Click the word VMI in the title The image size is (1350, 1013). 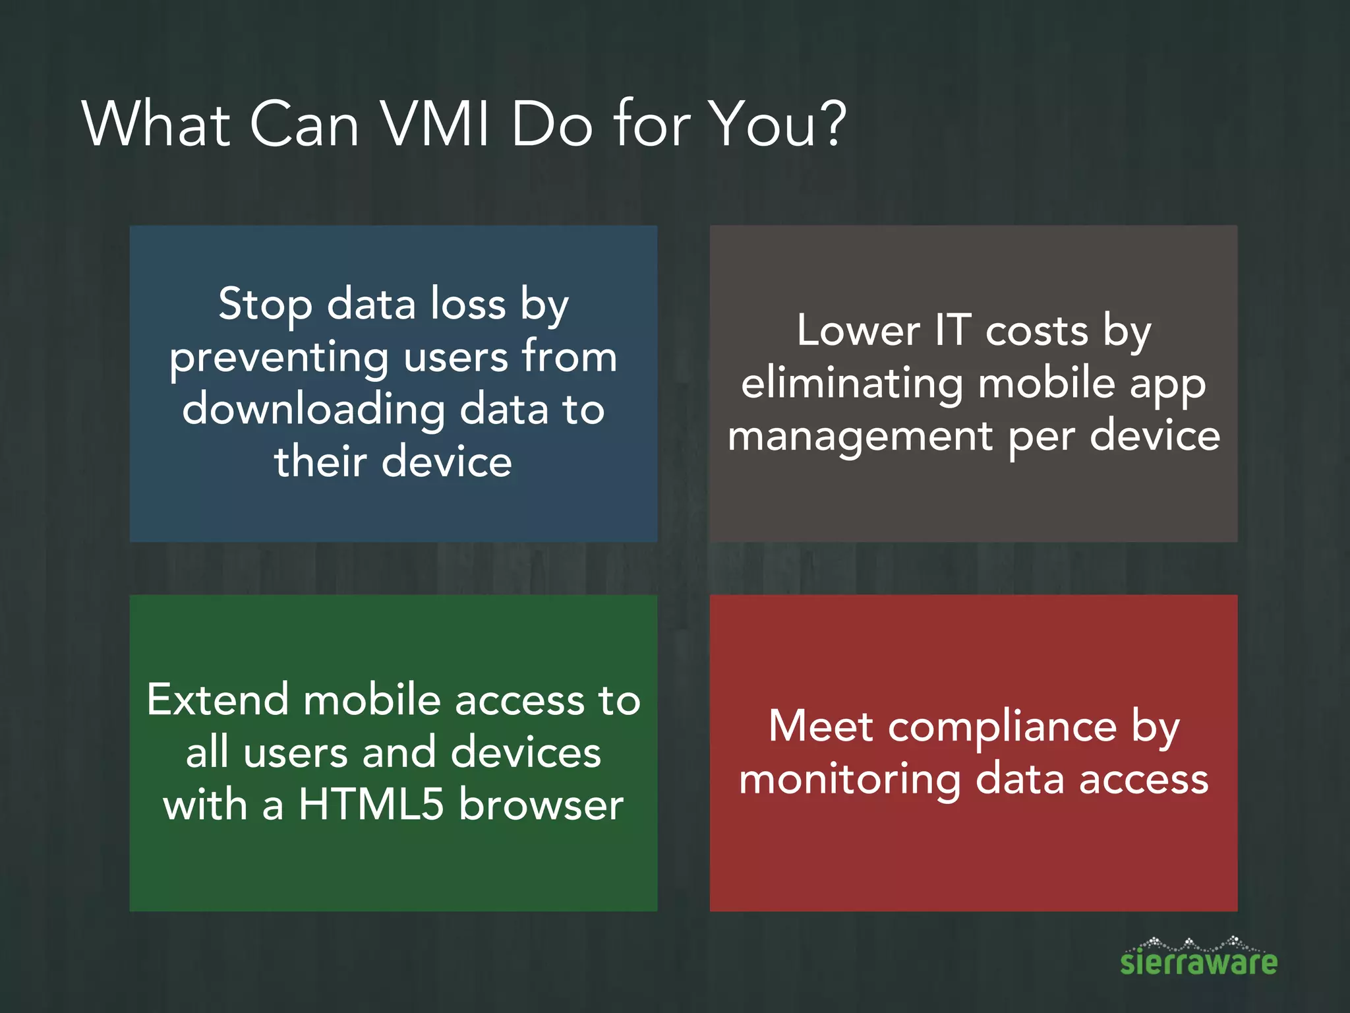436,124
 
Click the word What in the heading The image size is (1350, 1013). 156,124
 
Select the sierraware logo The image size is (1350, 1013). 1198,958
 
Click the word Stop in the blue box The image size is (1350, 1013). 265,305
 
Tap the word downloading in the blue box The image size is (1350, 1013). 314,410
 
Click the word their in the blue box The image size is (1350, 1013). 320,461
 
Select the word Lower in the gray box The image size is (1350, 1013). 858,330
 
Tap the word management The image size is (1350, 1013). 860,437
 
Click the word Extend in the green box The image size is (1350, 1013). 218,700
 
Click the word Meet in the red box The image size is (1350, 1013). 821,727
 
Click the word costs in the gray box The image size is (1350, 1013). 1037,331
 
